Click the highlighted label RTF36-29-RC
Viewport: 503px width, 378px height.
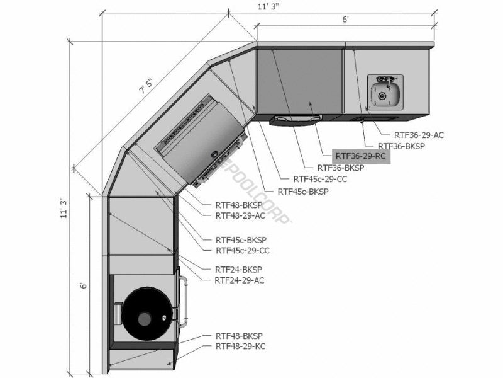tap(361, 156)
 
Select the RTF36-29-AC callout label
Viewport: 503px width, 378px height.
tap(419, 135)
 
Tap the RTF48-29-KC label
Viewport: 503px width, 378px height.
tap(240, 346)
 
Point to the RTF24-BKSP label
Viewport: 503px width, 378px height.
tap(238, 270)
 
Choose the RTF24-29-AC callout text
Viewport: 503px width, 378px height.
tap(240, 280)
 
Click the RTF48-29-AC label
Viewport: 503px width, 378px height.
tap(240, 215)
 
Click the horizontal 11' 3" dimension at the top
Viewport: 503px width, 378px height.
tap(268, 7)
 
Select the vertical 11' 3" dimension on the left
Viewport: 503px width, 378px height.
tap(65, 208)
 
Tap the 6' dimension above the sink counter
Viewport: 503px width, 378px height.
tap(345, 20)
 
